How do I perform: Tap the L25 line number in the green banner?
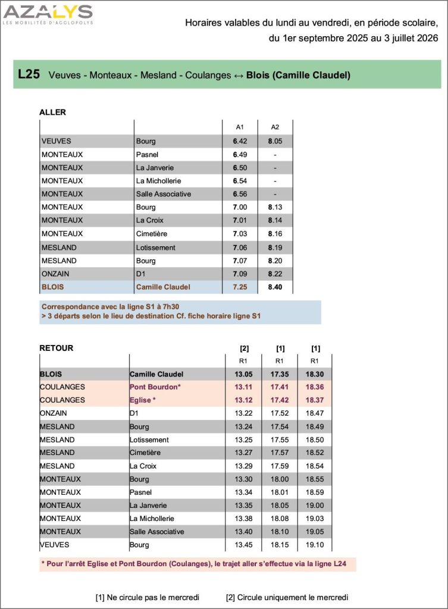click(29, 75)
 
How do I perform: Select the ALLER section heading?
click(52, 112)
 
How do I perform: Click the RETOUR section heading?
click(56, 348)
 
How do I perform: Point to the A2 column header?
click(274, 127)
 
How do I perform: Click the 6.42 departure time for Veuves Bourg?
click(240, 141)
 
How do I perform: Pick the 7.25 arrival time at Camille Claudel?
click(240, 287)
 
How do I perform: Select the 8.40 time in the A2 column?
click(274, 287)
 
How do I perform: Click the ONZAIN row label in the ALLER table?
click(57, 274)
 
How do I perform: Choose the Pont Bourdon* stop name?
click(155, 387)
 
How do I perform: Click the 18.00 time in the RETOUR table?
click(279, 479)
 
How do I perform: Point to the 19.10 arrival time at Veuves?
click(315, 545)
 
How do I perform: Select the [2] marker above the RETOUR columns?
click(244, 349)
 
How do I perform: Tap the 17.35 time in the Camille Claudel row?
click(279, 374)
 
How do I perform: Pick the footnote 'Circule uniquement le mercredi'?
click(287, 597)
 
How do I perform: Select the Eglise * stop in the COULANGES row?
click(145, 400)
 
